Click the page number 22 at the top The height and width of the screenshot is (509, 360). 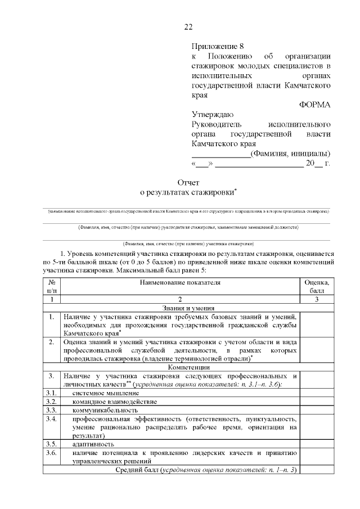pos(188,27)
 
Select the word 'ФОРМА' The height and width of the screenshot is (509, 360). pos(314,104)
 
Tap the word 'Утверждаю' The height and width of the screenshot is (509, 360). pos(209,114)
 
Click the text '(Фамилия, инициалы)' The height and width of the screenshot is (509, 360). pos(290,154)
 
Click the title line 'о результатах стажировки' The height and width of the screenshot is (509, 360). pos(187,192)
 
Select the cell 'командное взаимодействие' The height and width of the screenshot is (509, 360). pos(115,402)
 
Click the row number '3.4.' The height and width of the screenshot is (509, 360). pos(51,419)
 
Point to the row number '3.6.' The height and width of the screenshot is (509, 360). pos(51,453)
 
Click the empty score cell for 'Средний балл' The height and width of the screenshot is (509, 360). pos(317,470)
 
